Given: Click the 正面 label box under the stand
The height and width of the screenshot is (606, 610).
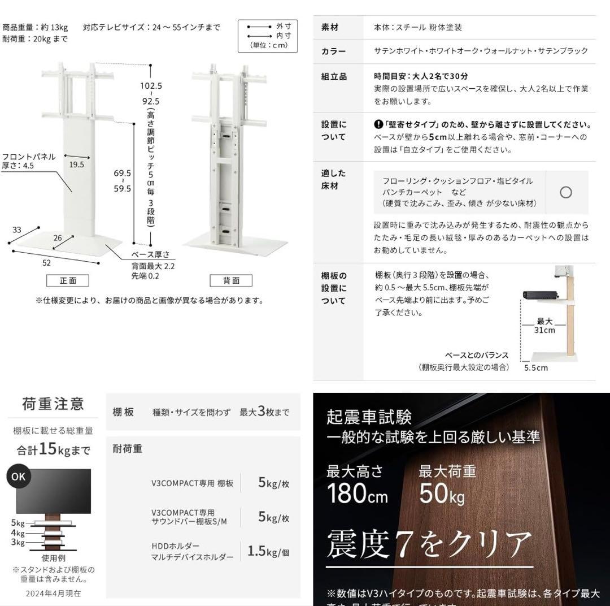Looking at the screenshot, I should click(x=68, y=280).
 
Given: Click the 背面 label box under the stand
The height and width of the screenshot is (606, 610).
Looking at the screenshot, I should click(x=231, y=280).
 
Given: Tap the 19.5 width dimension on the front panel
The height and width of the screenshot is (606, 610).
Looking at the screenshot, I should click(x=77, y=165).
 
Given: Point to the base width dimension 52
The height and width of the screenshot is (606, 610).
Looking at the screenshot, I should click(x=46, y=262).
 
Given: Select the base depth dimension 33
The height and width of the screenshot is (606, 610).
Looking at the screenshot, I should click(x=16, y=230).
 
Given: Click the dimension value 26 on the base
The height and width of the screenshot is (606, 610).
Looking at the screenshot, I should click(x=58, y=238).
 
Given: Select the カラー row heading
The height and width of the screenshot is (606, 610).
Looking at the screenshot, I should click(x=333, y=51).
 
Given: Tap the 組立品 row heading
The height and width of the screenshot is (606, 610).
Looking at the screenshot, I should click(x=334, y=76).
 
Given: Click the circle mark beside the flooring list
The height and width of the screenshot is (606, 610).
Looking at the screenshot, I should click(x=565, y=192).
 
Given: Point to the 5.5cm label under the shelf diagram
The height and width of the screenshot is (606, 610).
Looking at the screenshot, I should click(x=535, y=367).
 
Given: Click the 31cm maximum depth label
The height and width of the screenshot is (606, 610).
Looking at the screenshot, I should click(x=544, y=326).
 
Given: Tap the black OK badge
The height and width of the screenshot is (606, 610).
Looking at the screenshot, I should click(x=18, y=476).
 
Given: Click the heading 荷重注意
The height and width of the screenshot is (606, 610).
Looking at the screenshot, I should click(x=53, y=404).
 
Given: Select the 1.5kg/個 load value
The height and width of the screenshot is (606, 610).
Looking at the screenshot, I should click(x=268, y=551).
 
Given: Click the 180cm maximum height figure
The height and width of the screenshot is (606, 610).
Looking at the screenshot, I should click(x=357, y=494).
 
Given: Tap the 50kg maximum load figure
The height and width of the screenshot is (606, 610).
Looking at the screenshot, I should click(x=441, y=494).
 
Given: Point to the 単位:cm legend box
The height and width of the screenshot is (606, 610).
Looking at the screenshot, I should click(x=267, y=36).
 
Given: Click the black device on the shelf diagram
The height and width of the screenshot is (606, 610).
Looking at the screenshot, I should click(x=541, y=295).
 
